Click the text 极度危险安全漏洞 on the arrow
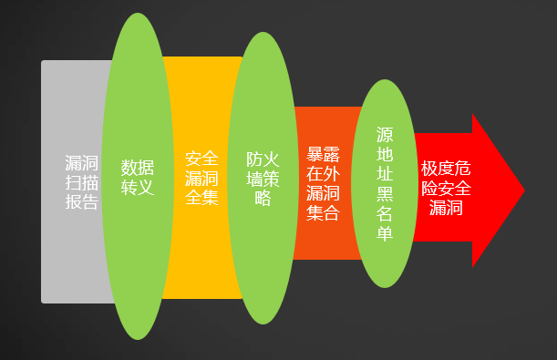pyautogui.click(x=446, y=188)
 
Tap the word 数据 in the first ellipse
pyautogui.click(x=138, y=168)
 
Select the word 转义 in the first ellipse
pyautogui.click(x=138, y=188)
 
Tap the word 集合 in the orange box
pyautogui.click(x=324, y=213)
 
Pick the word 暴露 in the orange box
pyautogui.click(x=324, y=154)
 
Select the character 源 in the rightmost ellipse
pyautogui.click(x=385, y=133)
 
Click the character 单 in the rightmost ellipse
pyautogui.click(x=385, y=233)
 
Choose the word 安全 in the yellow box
pyautogui.click(x=201, y=158)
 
